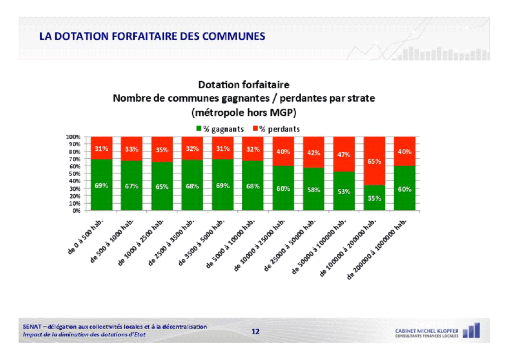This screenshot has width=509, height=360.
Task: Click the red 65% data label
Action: [374, 161]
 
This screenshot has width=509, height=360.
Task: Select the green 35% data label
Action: [374, 198]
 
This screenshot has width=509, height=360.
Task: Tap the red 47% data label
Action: [344, 155]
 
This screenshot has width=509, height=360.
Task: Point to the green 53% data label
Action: [344, 192]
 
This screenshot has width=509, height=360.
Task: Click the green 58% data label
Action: [313, 190]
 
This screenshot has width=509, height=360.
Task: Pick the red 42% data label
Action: [313, 153]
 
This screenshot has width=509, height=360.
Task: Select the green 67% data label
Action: [132, 186]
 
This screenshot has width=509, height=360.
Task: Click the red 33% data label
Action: [132, 149]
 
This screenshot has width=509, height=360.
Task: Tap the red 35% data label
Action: [162, 149]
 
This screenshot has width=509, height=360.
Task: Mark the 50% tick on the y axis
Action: [74, 173]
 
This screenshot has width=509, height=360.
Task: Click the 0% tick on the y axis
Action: [76, 211]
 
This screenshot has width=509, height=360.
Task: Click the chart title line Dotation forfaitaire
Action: [244, 85]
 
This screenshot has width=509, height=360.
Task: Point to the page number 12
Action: [255, 332]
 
